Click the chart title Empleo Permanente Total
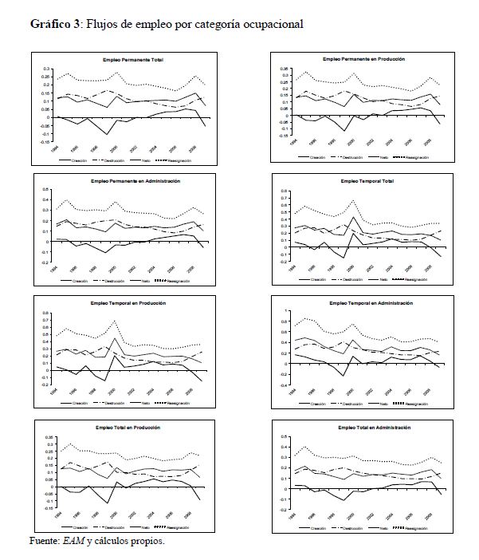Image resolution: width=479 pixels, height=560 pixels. (x=132, y=61)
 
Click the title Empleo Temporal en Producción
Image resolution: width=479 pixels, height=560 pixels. (x=132, y=304)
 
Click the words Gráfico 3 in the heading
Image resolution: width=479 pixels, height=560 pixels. (x=54, y=24)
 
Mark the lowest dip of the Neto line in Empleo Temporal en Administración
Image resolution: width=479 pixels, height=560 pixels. (x=341, y=375)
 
